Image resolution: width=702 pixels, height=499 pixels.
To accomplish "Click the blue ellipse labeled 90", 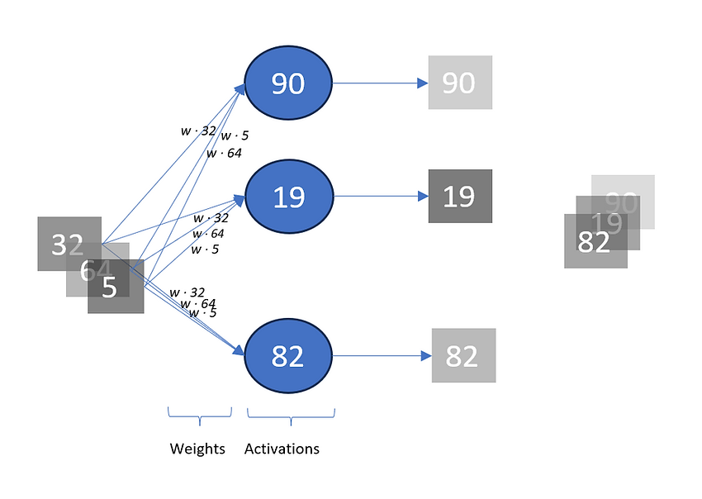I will tap(287, 83).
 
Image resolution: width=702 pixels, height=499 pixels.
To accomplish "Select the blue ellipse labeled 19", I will tap(287, 197).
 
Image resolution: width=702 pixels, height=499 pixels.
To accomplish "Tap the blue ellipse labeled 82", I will tap(287, 355).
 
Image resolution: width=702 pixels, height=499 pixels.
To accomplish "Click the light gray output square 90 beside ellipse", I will tap(460, 83).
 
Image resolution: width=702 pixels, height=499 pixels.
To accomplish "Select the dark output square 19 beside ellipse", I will tap(460, 197).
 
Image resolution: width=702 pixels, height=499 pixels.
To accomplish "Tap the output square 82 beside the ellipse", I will tap(463, 355).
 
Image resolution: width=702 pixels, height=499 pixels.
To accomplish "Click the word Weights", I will tap(197, 449).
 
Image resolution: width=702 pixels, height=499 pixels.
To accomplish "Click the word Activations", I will tap(282, 449).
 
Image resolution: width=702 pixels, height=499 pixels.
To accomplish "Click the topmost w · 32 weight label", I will tap(198, 130).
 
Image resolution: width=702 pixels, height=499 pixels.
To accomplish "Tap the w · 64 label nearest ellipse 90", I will tap(224, 153).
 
